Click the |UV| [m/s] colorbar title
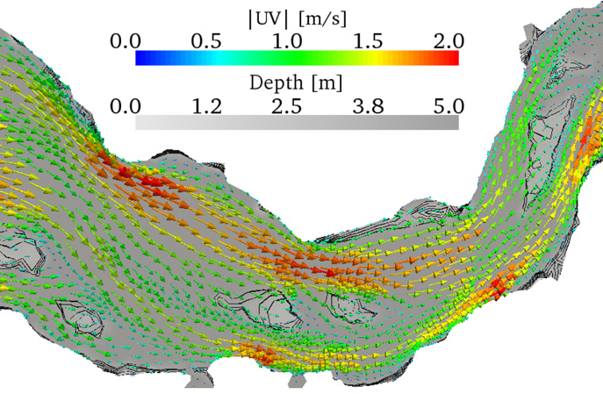click(296, 17)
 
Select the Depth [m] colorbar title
click(296, 82)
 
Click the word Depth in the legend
click(275, 82)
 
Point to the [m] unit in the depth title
click(326, 82)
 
